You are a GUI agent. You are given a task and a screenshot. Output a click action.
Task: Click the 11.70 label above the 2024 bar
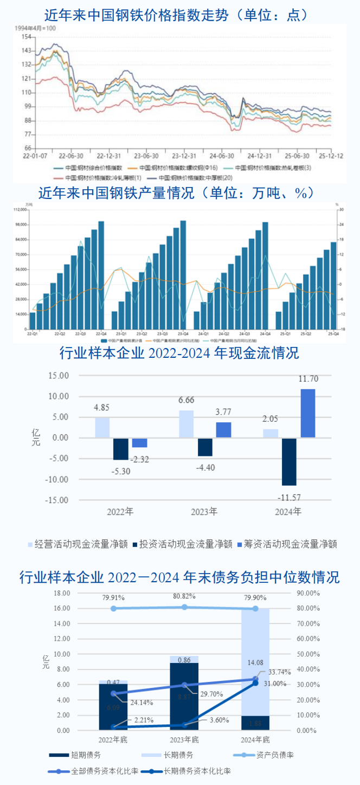coord(308,379)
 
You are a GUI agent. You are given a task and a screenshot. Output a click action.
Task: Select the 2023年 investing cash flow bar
coord(205,447)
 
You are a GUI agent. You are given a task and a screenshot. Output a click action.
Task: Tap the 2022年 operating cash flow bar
coord(102,427)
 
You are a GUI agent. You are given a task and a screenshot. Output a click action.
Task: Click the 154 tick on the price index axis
coord(26,37)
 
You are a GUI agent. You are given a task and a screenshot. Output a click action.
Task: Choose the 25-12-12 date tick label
coord(331,155)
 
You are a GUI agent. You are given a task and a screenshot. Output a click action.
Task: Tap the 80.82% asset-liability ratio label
coord(184,596)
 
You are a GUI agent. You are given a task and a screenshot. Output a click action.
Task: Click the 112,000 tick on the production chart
coord(22,209)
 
